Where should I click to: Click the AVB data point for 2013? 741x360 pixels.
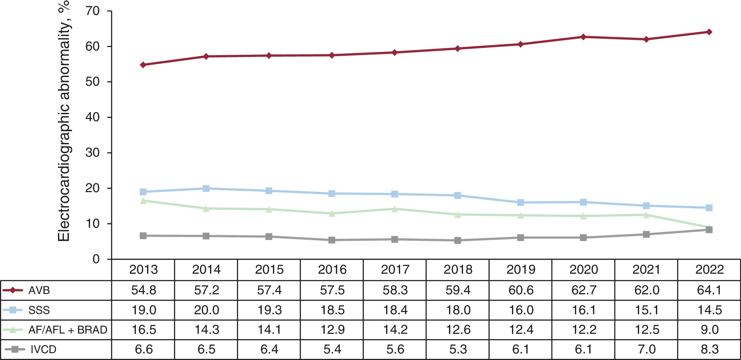coord(143,65)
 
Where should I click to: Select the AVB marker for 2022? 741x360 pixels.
coord(709,32)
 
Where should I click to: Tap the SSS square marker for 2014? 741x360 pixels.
coord(206,188)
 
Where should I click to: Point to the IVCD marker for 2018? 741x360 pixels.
coord(457,240)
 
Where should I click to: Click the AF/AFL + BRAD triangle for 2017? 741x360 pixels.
coord(394,209)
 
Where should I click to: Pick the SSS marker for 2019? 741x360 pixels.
coord(520,202)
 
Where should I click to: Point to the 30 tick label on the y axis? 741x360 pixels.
coord(93,153)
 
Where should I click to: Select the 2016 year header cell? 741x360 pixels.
coord(332,270)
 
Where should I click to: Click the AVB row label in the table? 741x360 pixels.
coord(39,291)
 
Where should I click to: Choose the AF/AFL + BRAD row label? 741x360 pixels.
coord(68,330)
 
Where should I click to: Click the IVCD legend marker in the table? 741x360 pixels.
coord(14,349)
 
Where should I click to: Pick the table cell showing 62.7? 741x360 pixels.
coord(583,290)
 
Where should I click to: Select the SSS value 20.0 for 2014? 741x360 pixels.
coord(206,310)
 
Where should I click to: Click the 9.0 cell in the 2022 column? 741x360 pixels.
coord(709,330)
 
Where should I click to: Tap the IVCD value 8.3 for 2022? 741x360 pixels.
coord(709,349)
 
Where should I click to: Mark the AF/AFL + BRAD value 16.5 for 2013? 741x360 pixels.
coord(144,330)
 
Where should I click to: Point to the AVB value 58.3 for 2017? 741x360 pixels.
coord(395,290)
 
